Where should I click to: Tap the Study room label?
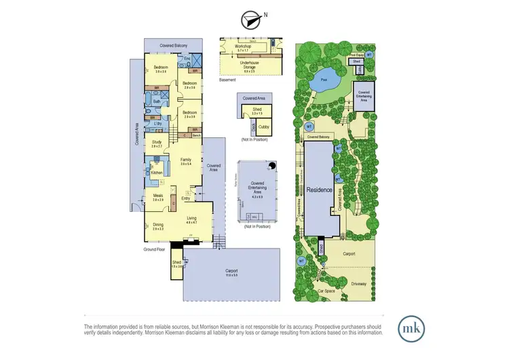coord(157,143)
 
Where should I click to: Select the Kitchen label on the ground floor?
coord(157,173)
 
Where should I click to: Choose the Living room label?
coord(192,219)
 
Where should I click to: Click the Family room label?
coord(186,160)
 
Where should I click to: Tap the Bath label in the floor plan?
coord(157,102)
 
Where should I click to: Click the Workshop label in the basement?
coord(244,46)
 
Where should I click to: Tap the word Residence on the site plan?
coord(320,190)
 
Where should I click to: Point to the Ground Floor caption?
coord(155,249)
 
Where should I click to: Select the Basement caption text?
coord(227,80)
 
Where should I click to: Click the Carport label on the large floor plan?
coord(231,270)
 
